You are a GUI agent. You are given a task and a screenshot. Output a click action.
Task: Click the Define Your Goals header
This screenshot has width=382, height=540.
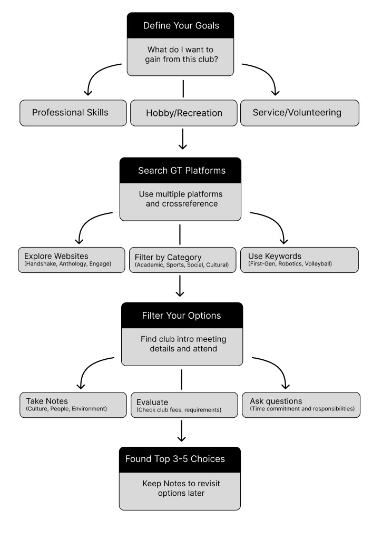tap(181, 25)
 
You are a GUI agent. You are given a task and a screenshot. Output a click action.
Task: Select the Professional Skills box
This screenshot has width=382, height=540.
tap(73, 113)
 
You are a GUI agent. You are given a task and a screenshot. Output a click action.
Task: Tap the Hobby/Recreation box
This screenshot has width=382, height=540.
tap(183, 113)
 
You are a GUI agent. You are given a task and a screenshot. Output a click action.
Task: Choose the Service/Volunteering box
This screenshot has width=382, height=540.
tap(300, 113)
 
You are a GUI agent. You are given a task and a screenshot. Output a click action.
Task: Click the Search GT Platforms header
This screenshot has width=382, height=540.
tap(180, 171)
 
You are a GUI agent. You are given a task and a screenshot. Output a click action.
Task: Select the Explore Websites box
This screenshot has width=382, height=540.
tap(72, 260)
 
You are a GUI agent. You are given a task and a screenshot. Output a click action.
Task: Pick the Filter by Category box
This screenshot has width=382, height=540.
tap(182, 260)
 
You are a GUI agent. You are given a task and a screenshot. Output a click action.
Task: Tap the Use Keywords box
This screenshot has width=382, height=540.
tap(299, 260)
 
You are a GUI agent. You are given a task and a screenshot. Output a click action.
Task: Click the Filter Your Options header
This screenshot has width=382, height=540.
tap(182, 316)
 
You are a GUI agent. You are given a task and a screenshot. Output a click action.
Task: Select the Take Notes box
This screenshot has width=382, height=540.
tap(73, 405)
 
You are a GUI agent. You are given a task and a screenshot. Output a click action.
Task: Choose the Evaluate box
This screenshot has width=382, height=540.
tap(184, 405)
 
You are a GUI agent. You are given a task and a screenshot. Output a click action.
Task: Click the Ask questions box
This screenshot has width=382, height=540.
tap(301, 405)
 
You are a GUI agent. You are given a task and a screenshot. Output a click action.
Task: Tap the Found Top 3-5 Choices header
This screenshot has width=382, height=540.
tap(180, 460)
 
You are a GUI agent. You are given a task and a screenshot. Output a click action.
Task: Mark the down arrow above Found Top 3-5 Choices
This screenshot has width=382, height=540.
tap(181, 431)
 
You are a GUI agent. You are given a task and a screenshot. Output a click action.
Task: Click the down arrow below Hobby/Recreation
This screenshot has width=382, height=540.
tap(182, 139)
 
